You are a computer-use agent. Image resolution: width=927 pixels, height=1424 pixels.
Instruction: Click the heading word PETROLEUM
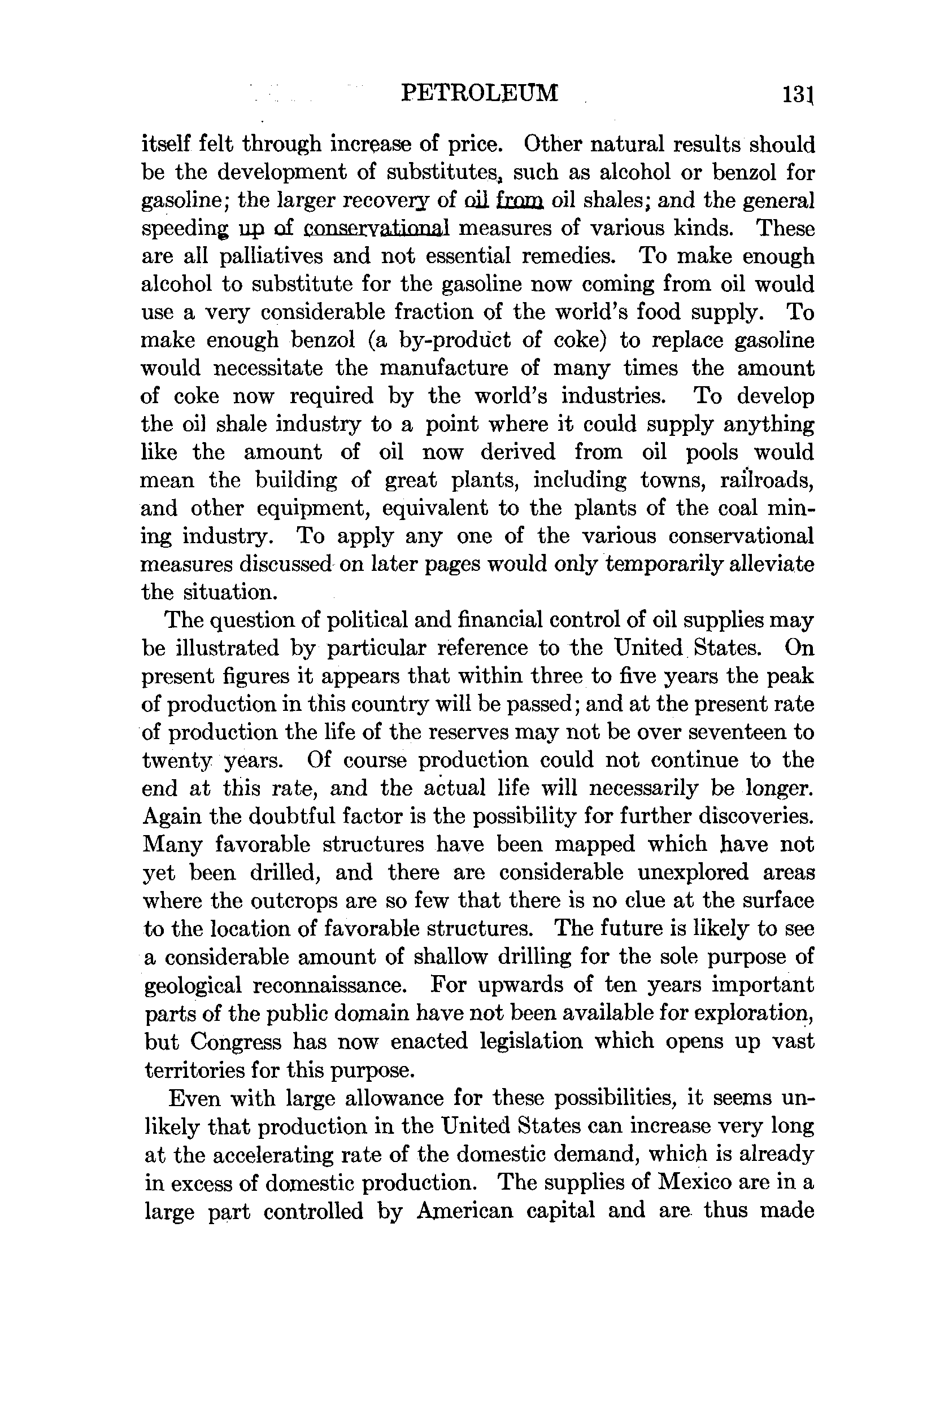pyautogui.click(x=479, y=93)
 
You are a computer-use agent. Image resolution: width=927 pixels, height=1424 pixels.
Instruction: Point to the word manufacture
pyautogui.click(x=444, y=369)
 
